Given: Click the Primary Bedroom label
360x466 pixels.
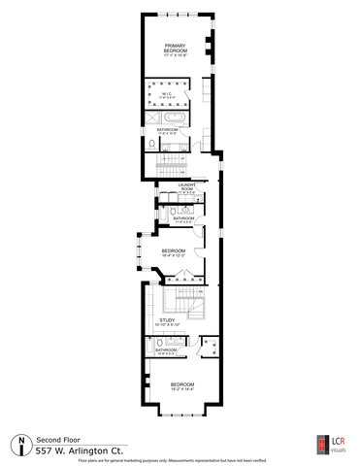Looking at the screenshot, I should click(176, 50).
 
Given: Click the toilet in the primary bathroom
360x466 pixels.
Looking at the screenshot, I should click(153, 144).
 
